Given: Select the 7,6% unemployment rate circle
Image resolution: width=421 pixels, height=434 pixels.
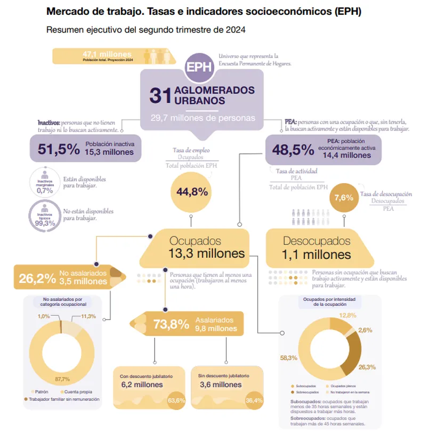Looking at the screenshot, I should (344, 198).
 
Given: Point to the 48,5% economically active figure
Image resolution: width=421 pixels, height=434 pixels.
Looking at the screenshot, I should (293, 150).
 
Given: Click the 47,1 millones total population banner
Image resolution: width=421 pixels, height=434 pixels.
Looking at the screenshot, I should (107, 55).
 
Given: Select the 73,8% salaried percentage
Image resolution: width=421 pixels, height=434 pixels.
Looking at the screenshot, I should (171, 324).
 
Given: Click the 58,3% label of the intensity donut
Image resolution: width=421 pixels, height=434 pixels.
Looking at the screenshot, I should (288, 358).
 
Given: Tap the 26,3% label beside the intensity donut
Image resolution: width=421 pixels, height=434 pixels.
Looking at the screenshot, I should (368, 367).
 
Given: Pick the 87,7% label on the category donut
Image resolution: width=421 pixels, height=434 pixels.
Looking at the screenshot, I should (62, 379).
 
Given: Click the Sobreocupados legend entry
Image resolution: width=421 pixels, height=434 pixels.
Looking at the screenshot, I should (305, 391).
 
